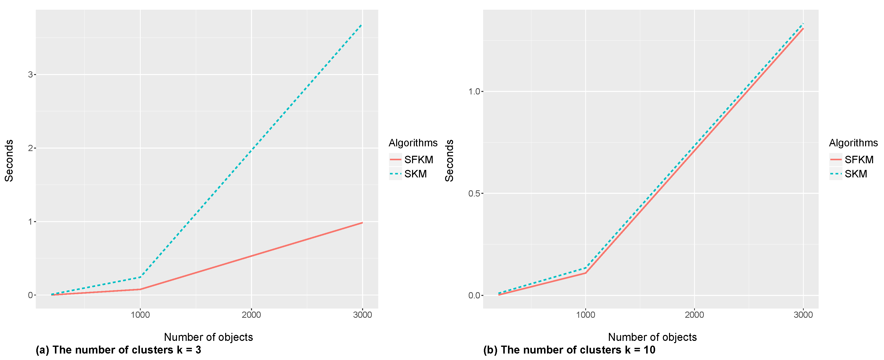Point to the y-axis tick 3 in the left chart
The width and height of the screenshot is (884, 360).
(x=30, y=75)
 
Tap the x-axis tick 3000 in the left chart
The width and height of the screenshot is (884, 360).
(x=362, y=315)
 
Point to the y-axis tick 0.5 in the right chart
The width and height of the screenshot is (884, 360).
(x=474, y=194)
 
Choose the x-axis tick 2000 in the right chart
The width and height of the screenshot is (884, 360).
(x=694, y=315)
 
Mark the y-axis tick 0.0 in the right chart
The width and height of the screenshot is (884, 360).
(x=474, y=295)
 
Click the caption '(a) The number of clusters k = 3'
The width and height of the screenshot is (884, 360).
(x=118, y=350)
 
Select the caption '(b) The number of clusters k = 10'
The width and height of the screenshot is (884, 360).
(x=569, y=350)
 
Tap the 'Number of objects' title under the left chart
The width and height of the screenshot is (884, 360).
(x=208, y=337)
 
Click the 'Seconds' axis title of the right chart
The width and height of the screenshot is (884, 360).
(x=449, y=160)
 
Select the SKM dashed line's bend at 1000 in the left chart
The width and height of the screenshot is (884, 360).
(x=140, y=277)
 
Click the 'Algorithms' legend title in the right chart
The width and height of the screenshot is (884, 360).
(x=853, y=143)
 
